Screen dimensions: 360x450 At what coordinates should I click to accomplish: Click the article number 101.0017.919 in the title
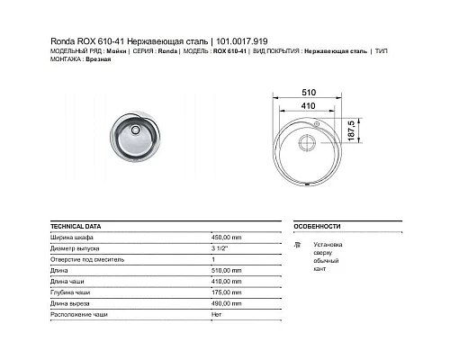coord(234,40)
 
